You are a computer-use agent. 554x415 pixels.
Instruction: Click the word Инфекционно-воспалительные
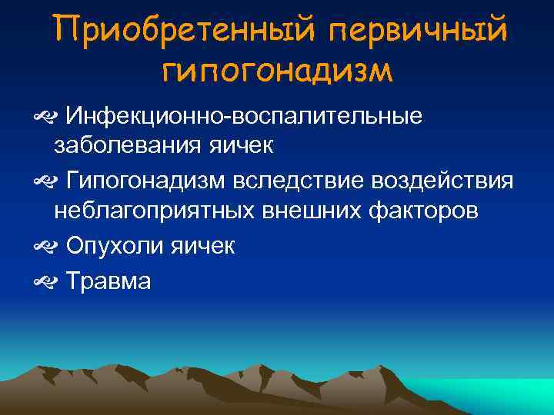click(x=244, y=116)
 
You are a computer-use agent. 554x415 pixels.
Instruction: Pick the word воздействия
click(x=442, y=180)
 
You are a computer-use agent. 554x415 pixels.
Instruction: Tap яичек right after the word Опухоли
click(x=199, y=245)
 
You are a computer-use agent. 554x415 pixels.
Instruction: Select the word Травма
click(x=108, y=281)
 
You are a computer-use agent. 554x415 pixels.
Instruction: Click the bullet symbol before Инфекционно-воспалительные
click(x=42, y=118)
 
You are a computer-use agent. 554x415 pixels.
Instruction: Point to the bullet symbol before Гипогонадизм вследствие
click(x=42, y=181)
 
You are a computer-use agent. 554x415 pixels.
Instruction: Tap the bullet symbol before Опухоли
click(x=42, y=247)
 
